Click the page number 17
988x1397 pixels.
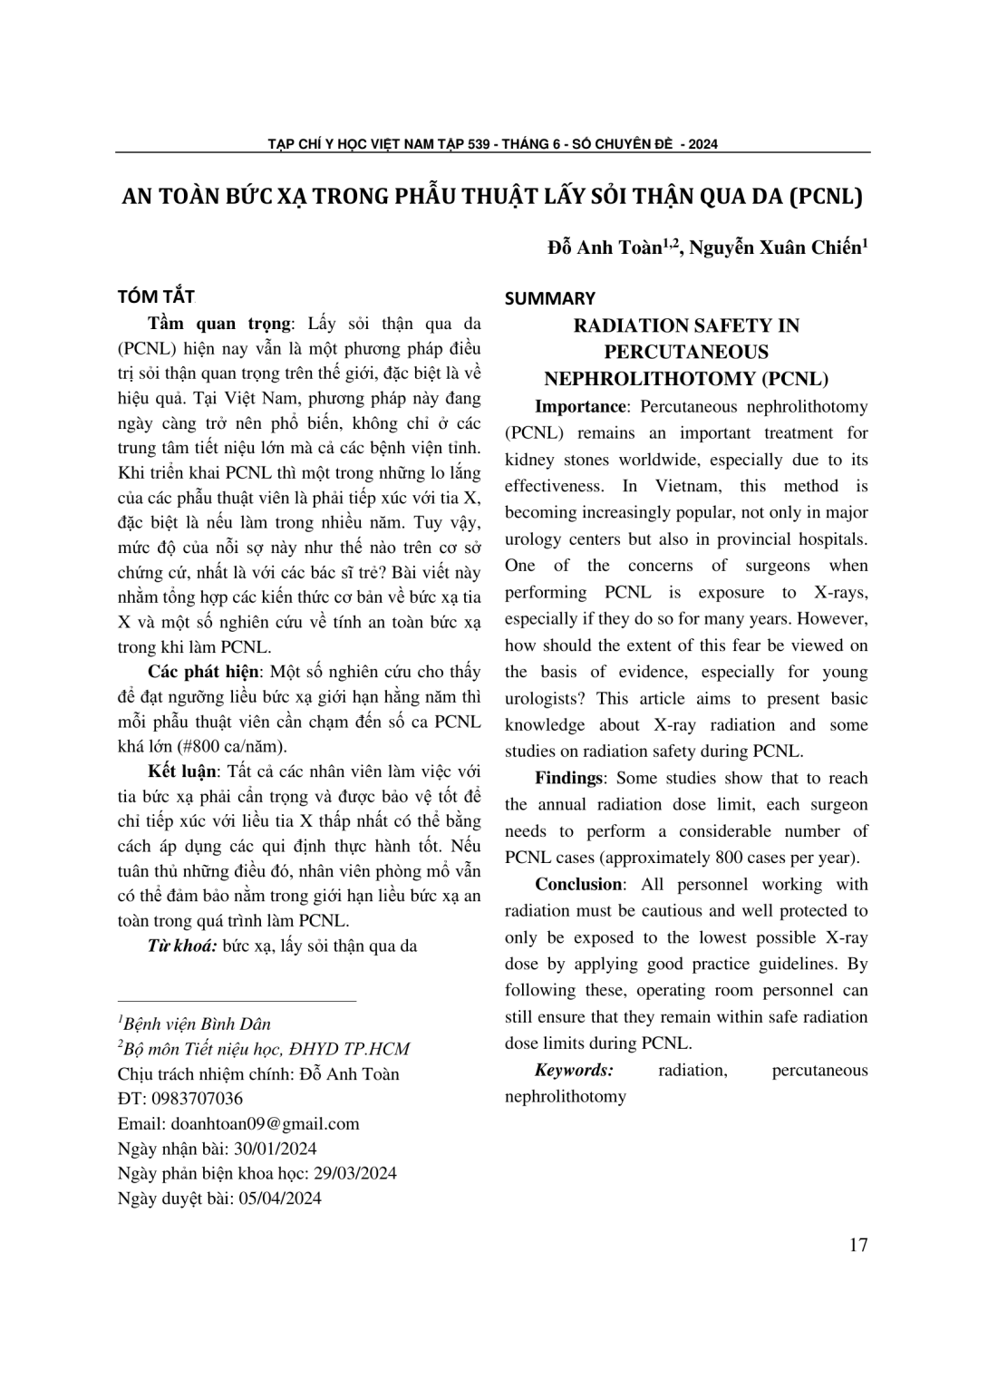click(858, 1244)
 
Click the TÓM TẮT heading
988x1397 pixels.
click(156, 296)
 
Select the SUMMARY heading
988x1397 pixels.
click(549, 298)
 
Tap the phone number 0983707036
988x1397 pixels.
click(192, 1099)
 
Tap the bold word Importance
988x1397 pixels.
click(580, 406)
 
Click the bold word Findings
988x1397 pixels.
click(568, 778)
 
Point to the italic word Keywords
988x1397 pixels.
click(574, 1070)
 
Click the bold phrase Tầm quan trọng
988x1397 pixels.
click(219, 324)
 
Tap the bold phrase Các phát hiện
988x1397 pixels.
click(204, 672)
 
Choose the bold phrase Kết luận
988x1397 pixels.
click(182, 771)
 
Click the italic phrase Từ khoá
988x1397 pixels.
click(182, 946)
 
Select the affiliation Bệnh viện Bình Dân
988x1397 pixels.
click(197, 1024)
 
